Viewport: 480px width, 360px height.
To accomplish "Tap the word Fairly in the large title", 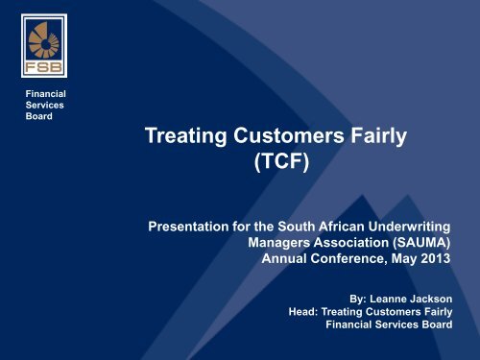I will point(381,138).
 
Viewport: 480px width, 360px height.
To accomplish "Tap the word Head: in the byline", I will point(306,310).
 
